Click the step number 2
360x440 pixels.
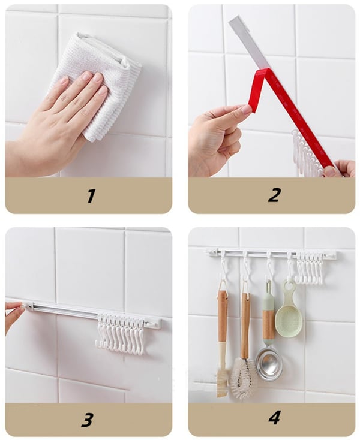(274, 195)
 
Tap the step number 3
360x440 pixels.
(88, 419)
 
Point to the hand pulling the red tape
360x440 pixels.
(213, 135)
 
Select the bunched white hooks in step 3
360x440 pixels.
(120, 333)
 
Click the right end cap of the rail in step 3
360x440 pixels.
(152, 323)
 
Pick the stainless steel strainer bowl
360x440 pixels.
(268, 362)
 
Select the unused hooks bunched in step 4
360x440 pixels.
(310, 267)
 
